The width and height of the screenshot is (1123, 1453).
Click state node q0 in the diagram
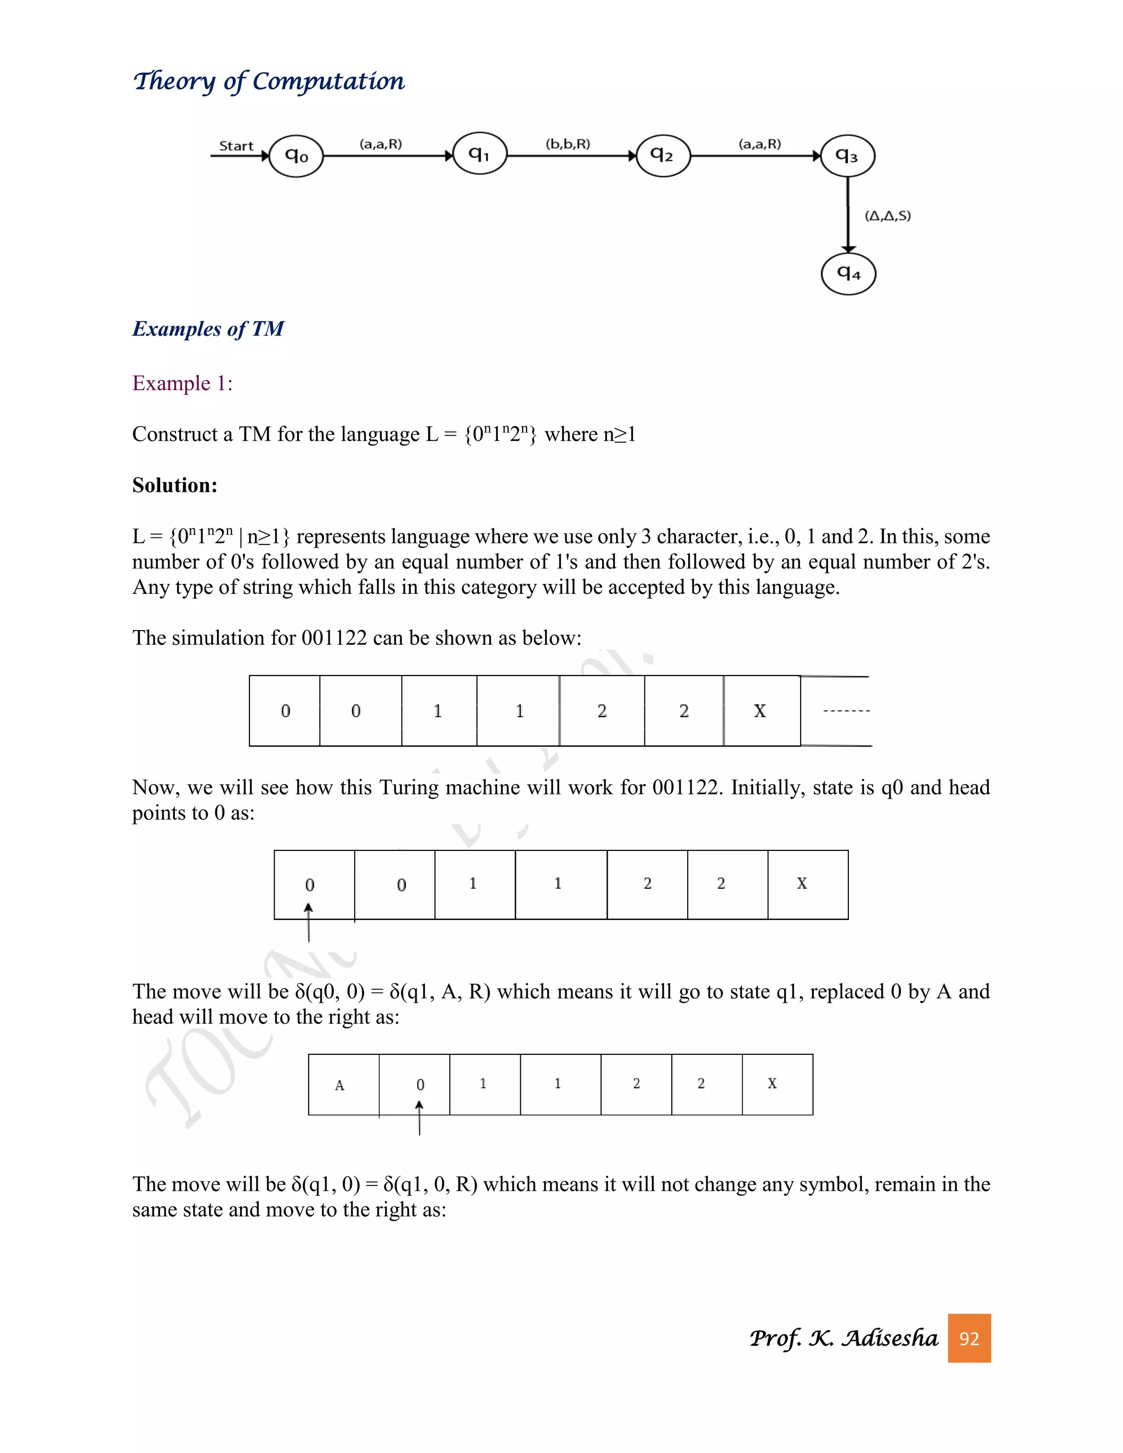(296, 156)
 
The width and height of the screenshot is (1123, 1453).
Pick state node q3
(847, 156)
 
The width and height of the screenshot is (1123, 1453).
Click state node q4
(848, 274)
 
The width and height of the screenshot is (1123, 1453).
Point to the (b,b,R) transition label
(568, 144)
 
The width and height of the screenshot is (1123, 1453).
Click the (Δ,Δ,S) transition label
(888, 215)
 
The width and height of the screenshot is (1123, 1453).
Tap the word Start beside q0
(236, 146)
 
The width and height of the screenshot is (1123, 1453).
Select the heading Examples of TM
(208, 328)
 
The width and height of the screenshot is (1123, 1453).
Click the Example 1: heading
(182, 383)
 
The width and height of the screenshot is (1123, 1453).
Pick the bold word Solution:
(175, 485)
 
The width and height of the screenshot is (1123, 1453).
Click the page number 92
(969, 1338)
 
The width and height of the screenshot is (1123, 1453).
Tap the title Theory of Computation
(269, 81)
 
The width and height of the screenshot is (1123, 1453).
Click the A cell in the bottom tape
(341, 1085)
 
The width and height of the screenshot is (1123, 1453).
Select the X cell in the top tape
(760, 711)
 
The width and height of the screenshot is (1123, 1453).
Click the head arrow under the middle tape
(309, 923)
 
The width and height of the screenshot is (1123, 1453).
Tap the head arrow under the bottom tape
(419, 1117)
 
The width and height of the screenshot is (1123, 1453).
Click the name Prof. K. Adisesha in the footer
(843, 1338)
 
